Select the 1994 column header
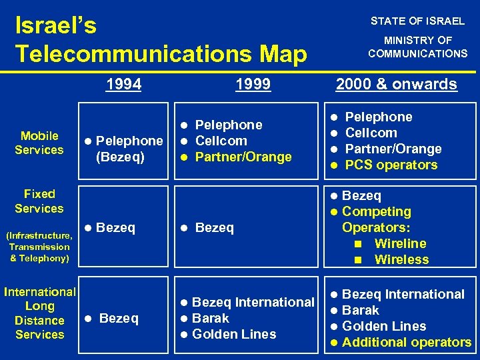(x=124, y=84)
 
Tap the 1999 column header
(x=253, y=84)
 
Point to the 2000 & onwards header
(x=396, y=84)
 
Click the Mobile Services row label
(x=39, y=143)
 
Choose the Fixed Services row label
(x=39, y=201)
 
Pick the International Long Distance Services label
(x=40, y=313)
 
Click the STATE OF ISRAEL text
(x=417, y=21)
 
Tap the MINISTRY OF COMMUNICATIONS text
(x=418, y=47)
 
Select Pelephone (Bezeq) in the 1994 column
(x=123, y=148)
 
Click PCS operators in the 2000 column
(x=391, y=165)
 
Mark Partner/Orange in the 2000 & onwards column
(x=393, y=149)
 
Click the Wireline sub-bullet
(x=400, y=243)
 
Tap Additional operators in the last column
(x=406, y=342)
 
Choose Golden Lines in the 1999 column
(x=233, y=334)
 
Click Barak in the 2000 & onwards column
(x=360, y=310)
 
